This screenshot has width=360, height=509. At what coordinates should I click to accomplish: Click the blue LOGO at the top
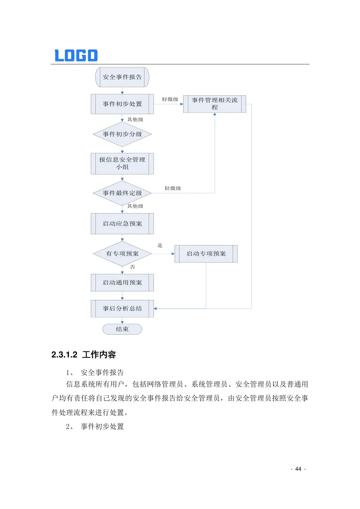[x=76, y=55]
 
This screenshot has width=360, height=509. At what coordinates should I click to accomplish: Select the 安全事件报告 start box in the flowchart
[x=122, y=77]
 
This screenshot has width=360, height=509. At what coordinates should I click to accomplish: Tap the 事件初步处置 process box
[x=122, y=104]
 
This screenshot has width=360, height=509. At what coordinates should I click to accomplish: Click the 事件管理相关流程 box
[x=215, y=104]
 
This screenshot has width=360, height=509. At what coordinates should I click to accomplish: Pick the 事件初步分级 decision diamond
[x=122, y=134]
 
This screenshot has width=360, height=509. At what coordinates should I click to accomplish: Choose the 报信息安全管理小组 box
[x=122, y=163]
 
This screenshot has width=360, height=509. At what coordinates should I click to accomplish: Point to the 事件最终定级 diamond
[x=122, y=193]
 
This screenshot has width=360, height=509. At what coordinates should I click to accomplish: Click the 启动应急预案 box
[x=122, y=223]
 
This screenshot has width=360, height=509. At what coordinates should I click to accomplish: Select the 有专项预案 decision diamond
[x=122, y=254]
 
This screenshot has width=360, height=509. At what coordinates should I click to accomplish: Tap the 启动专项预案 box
[x=206, y=254]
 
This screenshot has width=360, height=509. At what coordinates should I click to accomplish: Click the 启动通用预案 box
[x=122, y=283]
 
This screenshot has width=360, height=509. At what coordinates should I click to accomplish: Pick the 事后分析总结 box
[x=122, y=309]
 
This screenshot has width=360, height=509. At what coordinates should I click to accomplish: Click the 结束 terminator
[x=122, y=329]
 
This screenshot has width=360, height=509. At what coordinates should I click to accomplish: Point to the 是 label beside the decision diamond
[x=160, y=246]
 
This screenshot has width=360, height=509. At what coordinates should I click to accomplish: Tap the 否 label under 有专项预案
[x=132, y=267]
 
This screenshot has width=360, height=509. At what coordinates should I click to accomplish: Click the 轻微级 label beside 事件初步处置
[x=170, y=99]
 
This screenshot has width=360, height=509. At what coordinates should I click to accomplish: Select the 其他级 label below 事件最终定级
[x=135, y=206]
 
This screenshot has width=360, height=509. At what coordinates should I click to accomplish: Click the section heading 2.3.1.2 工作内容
[x=84, y=355]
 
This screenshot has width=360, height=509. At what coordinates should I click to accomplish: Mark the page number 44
[x=298, y=469]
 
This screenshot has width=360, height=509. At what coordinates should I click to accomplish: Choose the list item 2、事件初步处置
[x=95, y=426]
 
